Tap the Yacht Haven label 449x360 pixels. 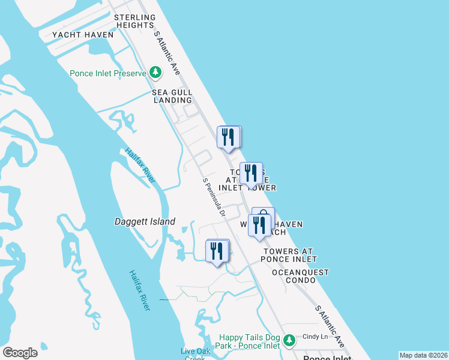click(x=83, y=35)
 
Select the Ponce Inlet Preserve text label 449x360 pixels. click(x=108, y=73)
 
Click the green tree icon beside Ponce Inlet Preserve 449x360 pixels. click(x=155, y=73)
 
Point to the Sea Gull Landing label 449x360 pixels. click(x=172, y=96)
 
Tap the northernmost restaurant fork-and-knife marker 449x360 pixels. click(x=228, y=137)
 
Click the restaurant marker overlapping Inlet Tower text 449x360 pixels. click(x=251, y=173)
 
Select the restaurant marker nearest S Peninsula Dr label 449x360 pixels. click(x=217, y=251)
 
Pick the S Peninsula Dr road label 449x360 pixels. click(x=214, y=197)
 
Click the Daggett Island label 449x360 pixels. click(x=145, y=222)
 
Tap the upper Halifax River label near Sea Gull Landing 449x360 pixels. click(x=140, y=166)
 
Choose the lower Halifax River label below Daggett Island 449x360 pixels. click(x=139, y=290)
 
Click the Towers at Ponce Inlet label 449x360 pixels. click(x=289, y=255)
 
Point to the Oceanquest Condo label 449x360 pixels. click(x=300, y=276)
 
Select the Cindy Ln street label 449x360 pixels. click(x=315, y=337)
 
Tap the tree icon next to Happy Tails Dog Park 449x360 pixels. click(x=289, y=341)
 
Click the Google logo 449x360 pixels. click(x=20, y=352)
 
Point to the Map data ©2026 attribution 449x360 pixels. click(x=423, y=355)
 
